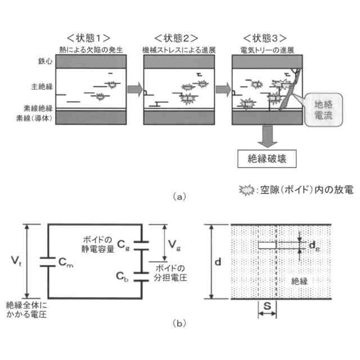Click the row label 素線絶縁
(x=38, y=108)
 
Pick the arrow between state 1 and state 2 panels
(x=134, y=89)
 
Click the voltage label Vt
(x=17, y=260)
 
